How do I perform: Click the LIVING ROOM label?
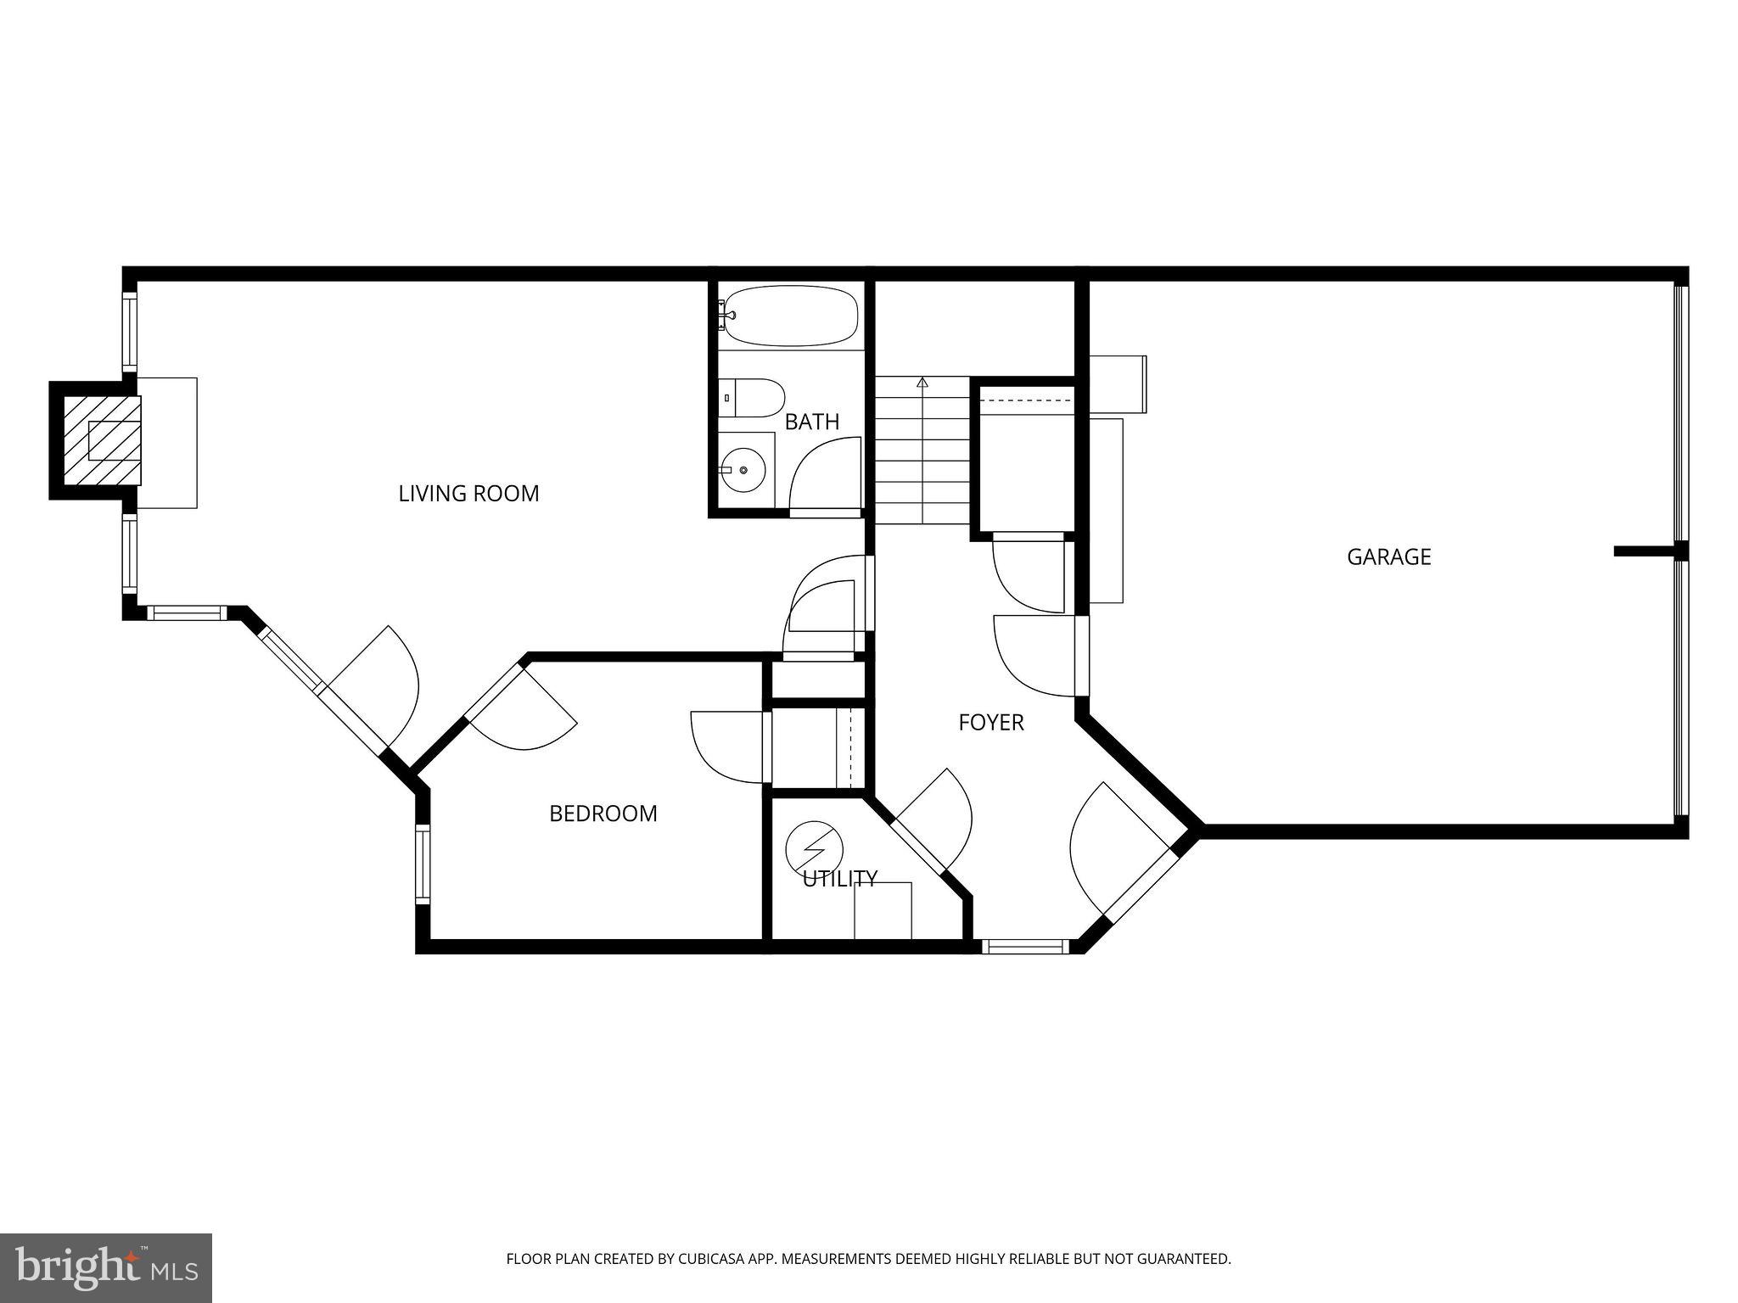[468, 494]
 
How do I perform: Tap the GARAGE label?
[1388, 557]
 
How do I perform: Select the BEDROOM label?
[603, 814]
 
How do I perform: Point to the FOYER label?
[990, 723]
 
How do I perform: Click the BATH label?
[811, 422]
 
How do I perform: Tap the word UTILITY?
[839, 879]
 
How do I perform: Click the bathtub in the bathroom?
[788, 316]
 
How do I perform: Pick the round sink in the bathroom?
[743, 469]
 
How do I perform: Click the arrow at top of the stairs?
[922, 383]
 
